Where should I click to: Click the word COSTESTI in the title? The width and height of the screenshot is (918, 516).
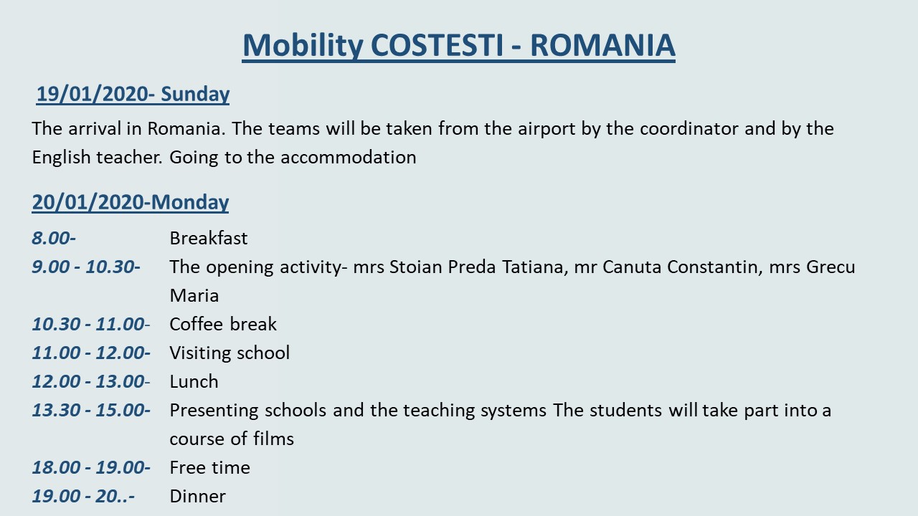[437, 44]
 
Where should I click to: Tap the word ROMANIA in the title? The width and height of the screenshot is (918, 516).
[603, 44]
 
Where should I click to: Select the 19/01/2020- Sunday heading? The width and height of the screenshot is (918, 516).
[133, 94]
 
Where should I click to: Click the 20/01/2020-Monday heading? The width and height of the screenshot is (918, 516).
[131, 202]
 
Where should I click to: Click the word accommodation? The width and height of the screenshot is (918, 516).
[349, 157]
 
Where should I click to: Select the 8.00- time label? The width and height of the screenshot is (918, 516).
[54, 238]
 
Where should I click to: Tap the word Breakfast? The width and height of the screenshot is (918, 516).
[209, 238]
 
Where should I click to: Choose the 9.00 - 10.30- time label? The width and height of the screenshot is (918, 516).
[86, 267]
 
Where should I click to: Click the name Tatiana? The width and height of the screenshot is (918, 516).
[535, 267]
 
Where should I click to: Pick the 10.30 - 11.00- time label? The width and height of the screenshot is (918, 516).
[91, 324]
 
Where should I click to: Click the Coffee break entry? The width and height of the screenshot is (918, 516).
[223, 324]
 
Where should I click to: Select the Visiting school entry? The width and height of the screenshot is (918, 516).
[230, 353]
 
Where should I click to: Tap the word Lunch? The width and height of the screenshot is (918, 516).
[194, 381]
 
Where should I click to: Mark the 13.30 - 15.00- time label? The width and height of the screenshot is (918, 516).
[91, 410]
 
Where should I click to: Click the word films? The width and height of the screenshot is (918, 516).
[273, 439]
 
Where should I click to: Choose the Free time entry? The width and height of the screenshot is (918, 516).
[210, 467]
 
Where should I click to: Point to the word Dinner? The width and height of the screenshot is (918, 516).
[197, 496]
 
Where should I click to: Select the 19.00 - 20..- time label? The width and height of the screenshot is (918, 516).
[83, 496]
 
